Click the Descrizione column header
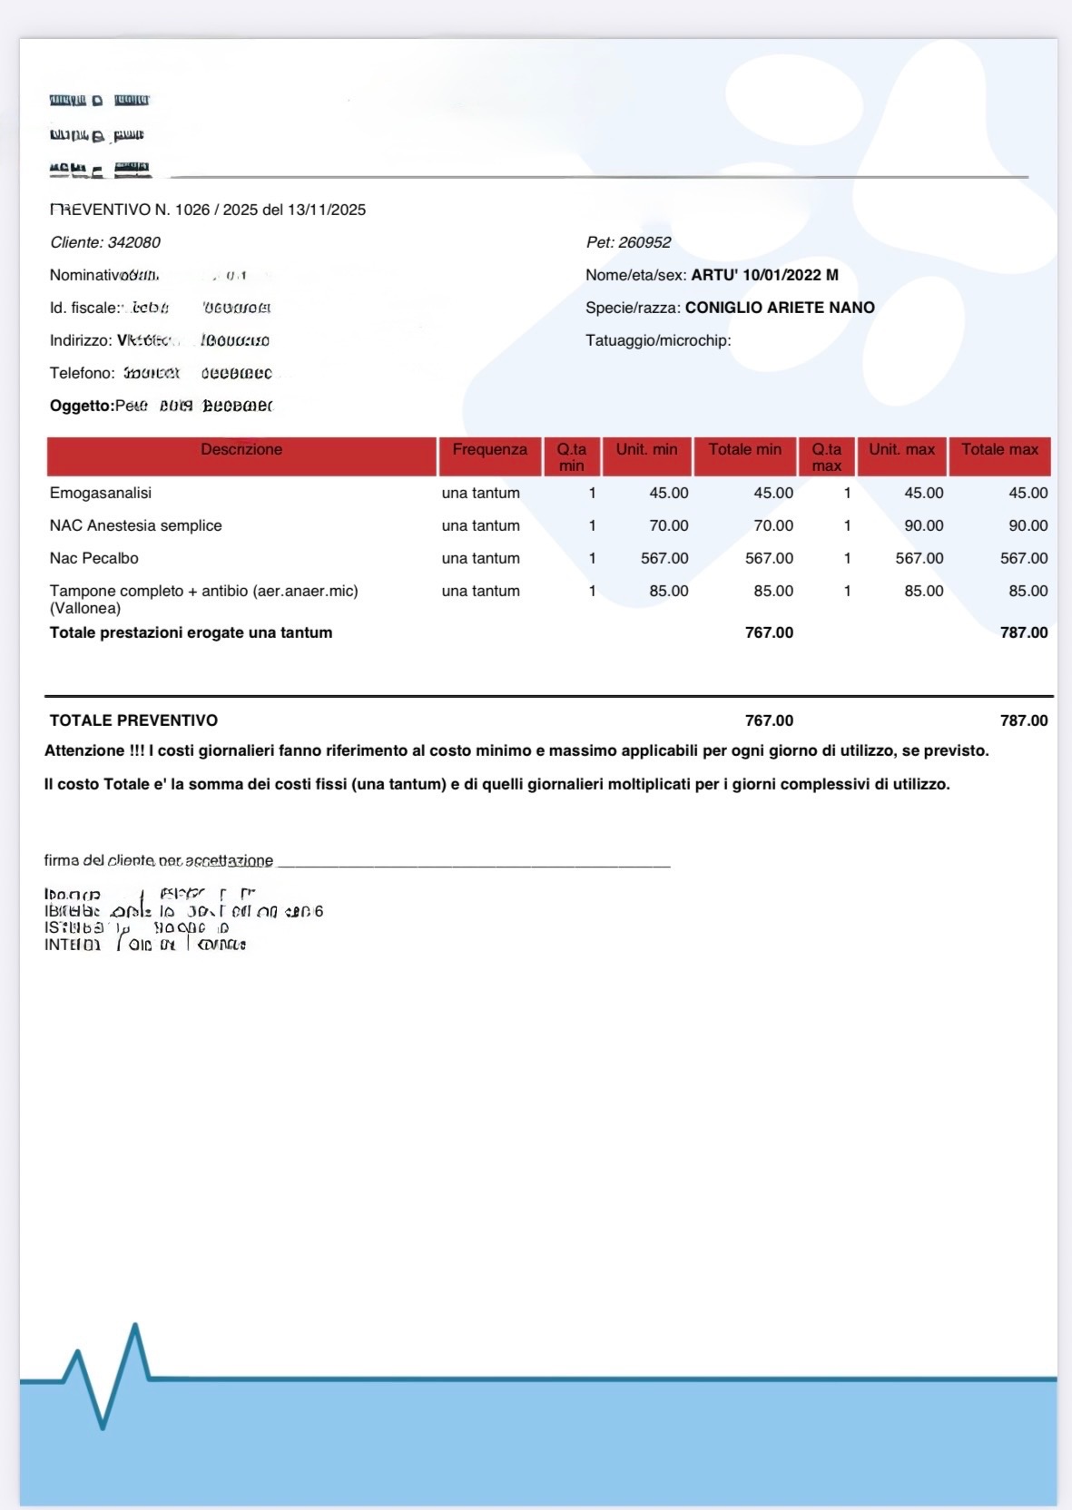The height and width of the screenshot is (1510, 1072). click(241, 450)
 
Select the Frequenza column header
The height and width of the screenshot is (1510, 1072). click(489, 450)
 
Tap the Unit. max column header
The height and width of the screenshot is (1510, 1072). click(901, 450)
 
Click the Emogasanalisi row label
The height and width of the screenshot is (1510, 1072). click(101, 494)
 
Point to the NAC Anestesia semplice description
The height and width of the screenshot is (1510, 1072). click(136, 526)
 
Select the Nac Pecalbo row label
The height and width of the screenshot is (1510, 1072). click(94, 559)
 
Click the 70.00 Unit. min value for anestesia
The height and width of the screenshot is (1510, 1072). click(668, 526)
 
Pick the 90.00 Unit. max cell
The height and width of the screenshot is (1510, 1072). click(923, 526)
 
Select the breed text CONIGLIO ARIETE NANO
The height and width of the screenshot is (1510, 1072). click(780, 308)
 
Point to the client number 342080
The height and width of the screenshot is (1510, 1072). click(133, 242)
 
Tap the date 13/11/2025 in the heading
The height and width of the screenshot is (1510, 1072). click(327, 210)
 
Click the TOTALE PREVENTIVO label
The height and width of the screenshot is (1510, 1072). click(133, 721)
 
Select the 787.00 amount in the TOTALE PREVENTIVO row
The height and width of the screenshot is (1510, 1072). click(1023, 721)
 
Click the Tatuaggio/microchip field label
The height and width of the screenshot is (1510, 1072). click(658, 340)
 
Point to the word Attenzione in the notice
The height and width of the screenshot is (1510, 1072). click(84, 751)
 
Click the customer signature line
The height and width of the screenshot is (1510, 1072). click(472, 865)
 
